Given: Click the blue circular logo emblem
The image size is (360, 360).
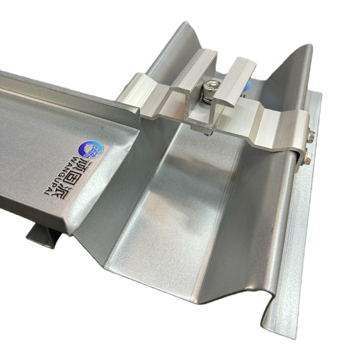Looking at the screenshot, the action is [x=91, y=149].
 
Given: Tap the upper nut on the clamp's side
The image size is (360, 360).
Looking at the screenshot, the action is [x=310, y=136].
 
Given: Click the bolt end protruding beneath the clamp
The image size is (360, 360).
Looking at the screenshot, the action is [x=207, y=134].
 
